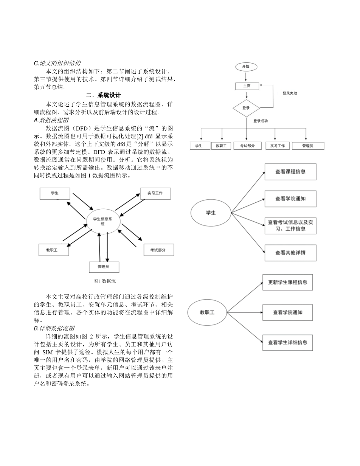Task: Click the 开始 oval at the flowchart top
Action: [x=246, y=67]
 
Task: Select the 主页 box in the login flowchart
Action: [x=247, y=86]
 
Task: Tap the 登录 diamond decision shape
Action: [x=246, y=108]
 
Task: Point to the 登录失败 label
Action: [x=290, y=93]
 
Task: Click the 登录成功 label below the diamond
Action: [x=261, y=121]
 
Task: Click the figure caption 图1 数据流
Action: [x=104, y=281]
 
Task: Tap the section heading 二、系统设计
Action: [x=103, y=95]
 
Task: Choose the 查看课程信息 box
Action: [x=290, y=171]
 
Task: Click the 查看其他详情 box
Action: [x=290, y=253]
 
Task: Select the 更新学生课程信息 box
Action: [x=287, y=282]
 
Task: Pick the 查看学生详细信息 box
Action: [x=287, y=342]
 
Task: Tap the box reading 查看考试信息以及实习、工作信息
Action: [x=290, y=226]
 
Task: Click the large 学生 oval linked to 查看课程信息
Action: [x=211, y=213]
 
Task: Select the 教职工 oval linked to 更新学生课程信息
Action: [x=207, y=312]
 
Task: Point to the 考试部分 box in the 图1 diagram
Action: [x=158, y=250]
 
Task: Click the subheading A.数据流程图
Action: [x=51, y=120]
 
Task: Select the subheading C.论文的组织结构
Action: [x=57, y=63]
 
